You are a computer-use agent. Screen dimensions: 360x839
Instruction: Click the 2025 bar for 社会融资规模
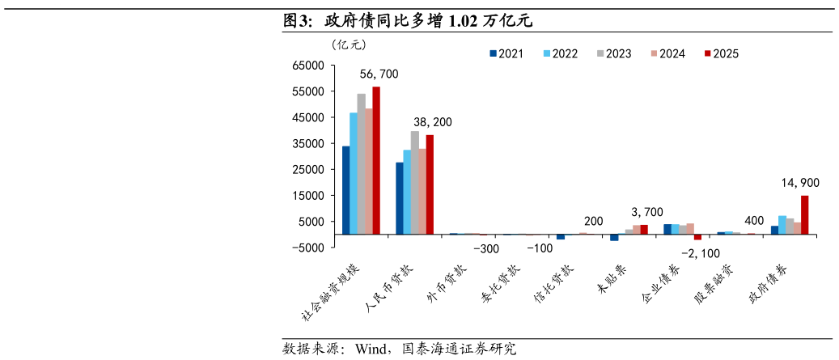[x=376, y=160]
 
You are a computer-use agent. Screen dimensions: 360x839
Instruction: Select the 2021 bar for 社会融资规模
[x=345, y=190]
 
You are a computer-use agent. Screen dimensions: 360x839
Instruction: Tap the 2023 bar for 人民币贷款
[x=415, y=183]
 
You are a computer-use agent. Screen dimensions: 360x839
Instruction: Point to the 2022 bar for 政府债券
[x=782, y=225]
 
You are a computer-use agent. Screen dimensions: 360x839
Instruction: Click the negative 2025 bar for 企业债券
[x=697, y=237]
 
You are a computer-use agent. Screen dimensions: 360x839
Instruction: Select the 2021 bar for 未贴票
[x=614, y=238]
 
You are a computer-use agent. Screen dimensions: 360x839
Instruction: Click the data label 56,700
[x=379, y=74]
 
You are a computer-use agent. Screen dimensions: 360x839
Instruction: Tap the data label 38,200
[x=432, y=122]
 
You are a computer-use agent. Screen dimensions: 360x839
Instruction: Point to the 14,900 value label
[x=800, y=184]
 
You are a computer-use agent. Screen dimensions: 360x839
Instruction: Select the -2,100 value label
[x=701, y=253]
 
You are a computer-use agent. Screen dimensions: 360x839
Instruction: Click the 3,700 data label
[x=647, y=212]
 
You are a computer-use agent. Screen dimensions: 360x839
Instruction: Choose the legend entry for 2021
[x=506, y=53]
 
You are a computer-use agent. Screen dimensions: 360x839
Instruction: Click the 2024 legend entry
[x=667, y=53]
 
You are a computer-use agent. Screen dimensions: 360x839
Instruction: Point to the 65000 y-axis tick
[x=312, y=66]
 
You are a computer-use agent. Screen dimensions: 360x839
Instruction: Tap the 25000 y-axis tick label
[x=312, y=170]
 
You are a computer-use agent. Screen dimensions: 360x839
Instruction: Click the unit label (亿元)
[x=349, y=44]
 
